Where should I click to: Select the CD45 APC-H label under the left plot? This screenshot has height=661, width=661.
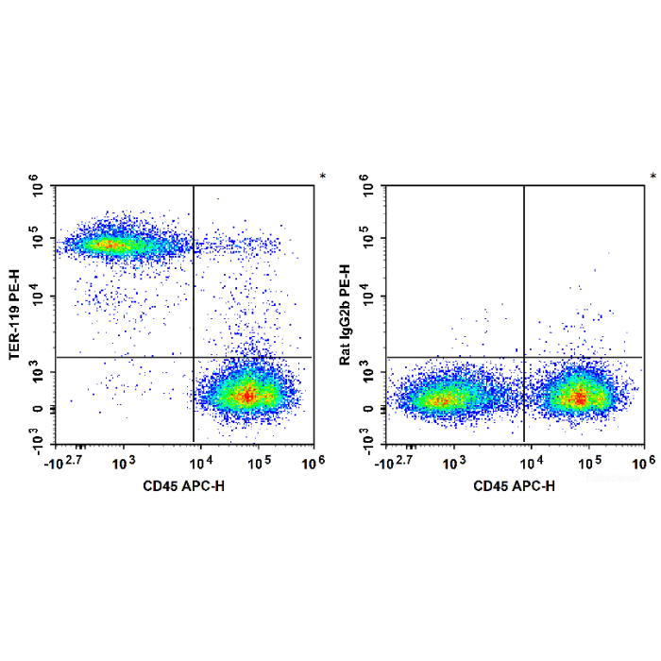pos(185,485)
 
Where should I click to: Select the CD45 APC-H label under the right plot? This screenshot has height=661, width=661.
pos(516,485)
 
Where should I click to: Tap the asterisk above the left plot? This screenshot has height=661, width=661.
pos(322,178)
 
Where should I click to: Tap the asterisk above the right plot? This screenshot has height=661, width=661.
pos(653,178)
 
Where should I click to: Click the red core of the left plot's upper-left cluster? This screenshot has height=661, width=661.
pos(108,246)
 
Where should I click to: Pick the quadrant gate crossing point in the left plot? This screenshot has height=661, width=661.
pos(194,357)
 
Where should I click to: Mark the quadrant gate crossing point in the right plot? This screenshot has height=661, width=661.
pos(524,357)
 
